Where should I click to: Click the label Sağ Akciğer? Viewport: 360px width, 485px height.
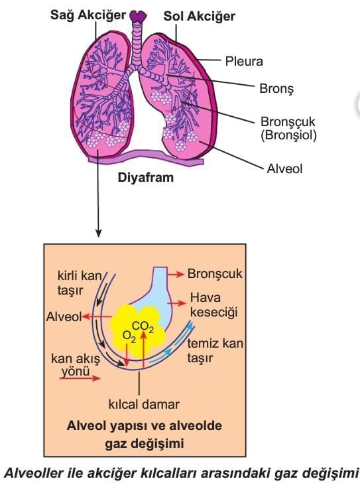click(x=88, y=15)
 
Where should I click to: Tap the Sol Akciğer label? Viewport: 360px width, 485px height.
click(x=200, y=17)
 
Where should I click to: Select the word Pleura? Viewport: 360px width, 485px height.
click(x=244, y=61)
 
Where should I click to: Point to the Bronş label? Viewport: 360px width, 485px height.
click(x=276, y=89)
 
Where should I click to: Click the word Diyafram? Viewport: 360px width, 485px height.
click(x=146, y=178)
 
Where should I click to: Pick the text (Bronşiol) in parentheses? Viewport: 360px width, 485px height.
click(x=288, y=135)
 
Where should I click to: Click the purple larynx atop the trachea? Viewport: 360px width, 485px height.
click(x=138, y=15)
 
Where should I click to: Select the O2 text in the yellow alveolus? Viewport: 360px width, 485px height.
click(x=129, y=336)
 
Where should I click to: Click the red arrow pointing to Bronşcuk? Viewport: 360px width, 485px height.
click(x=176, y=275)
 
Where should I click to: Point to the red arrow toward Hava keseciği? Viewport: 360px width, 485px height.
click(x=178, y=303)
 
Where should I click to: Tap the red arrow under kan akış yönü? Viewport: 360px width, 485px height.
click(x=80, y=378)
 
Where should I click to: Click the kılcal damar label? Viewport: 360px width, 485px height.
click(x=144, y=405)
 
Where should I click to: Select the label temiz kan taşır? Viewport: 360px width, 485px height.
click(x=215, y=351)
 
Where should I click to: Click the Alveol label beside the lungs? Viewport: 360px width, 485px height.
click(x=284, y=169)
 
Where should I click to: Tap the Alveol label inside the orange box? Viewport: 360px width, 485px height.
click(x=64, y=317)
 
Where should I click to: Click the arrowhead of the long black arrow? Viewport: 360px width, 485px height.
click(x=98, y=234)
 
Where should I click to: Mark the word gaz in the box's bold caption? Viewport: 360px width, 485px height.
click(x=117, y=444)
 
